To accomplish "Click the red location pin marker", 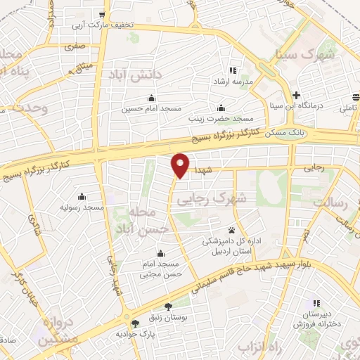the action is point(181,165).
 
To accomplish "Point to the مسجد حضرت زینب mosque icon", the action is point(221,108).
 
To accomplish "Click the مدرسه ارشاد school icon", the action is point(233,70).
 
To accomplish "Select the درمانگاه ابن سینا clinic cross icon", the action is point(297,95).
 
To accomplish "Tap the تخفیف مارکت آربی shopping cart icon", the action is point(103,15).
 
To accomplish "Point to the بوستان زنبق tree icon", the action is point(167,307).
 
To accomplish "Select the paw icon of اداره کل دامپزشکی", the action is point(231,230).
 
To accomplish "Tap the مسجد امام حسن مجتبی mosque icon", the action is point(161,254).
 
